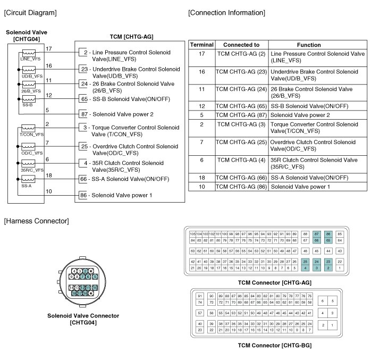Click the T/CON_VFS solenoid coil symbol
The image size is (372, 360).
coord(28,128)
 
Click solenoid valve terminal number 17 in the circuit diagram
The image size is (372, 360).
coord(49,49)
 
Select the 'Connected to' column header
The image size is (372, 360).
coord(241,45)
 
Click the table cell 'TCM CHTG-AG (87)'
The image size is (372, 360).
coord(241,115)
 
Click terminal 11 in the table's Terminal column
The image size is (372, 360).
coord(201,89)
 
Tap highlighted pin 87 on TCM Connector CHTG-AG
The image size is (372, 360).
coord(317,234)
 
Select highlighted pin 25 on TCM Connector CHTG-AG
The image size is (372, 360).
coord(305,262)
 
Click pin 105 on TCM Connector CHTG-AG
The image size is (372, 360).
coord(192,234)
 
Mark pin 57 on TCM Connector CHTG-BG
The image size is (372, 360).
coord(200,313)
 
